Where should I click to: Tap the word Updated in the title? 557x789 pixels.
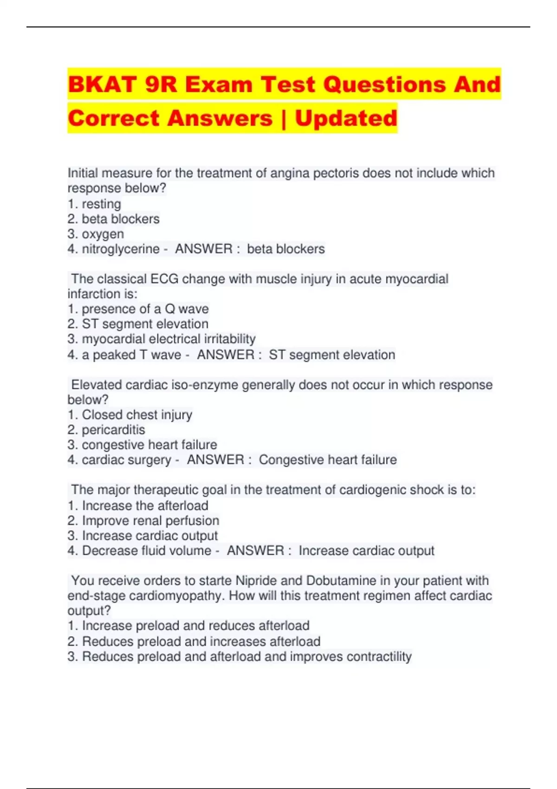coord(346,118)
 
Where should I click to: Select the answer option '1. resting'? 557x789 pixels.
coord(94,204)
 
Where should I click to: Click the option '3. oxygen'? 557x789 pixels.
coord(96,234)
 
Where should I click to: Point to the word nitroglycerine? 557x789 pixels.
coord(121,249)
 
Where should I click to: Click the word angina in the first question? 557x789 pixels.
coord(290,173)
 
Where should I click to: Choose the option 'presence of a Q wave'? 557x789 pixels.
coord(138,309)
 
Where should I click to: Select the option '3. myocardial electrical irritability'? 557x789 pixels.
coord(161,339)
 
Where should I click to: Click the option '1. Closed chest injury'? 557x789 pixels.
coord(130,415)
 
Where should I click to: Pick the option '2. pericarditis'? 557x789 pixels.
coord(106,430)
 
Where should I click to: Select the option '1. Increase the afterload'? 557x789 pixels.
coord(137,505)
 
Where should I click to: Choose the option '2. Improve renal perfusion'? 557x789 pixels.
coord(143,521)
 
